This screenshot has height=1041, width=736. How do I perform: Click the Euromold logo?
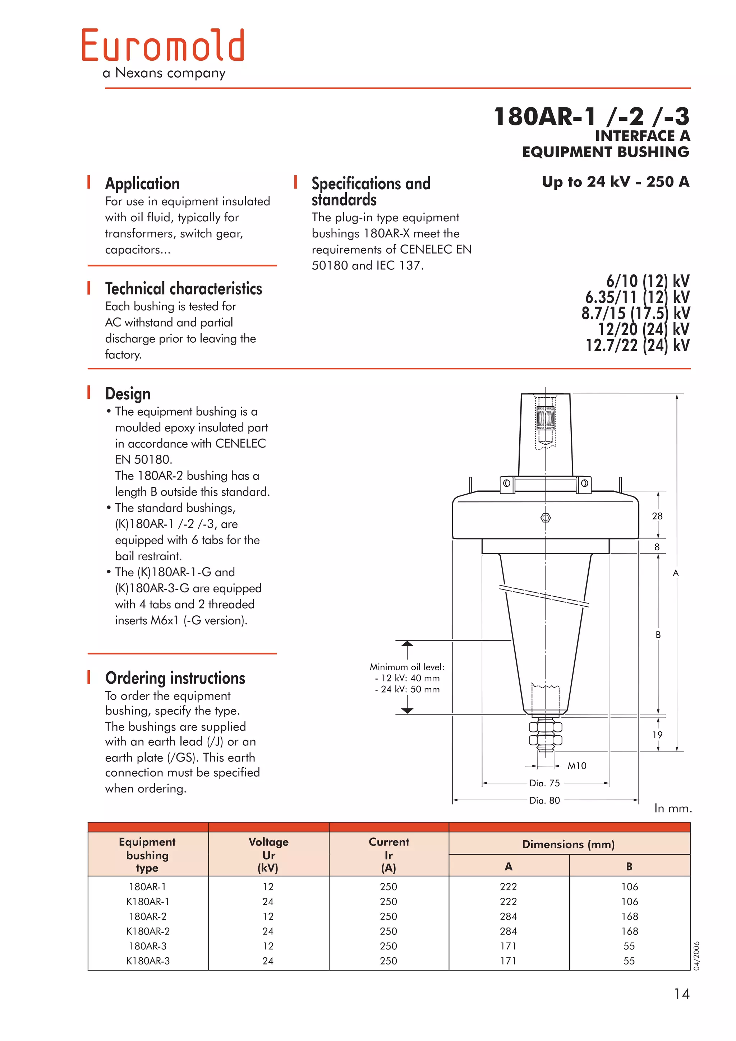pos(163,45)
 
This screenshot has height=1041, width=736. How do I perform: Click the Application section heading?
pos(142,184)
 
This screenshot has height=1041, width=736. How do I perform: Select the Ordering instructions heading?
pos(175,678)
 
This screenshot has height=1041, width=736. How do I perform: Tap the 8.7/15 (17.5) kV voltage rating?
pos(635,313)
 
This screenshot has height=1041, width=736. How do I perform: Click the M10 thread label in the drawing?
pos(577,766)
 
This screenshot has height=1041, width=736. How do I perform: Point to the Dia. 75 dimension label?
pos(544,783)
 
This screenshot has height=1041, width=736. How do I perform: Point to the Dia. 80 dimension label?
pos(544,800)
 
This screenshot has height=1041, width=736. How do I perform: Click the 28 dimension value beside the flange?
pos(657,516)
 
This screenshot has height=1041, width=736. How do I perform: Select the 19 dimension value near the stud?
pos(657,735)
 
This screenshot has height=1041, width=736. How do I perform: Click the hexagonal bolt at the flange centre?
pos(546,518)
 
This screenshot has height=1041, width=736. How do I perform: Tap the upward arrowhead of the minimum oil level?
pos(407,644)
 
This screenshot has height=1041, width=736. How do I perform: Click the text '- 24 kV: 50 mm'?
pos(407,689)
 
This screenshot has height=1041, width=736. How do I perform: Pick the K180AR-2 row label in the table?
pos(148,931)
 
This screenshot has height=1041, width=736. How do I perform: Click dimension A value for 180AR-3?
pos(509,946)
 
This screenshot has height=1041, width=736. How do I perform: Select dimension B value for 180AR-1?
pos(629,887)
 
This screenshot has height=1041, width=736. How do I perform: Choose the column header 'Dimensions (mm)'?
pos(568,844)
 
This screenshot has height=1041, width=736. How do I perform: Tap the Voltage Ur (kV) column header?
pos(268,855)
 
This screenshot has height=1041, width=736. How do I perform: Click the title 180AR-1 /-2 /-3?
pos(591,116)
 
